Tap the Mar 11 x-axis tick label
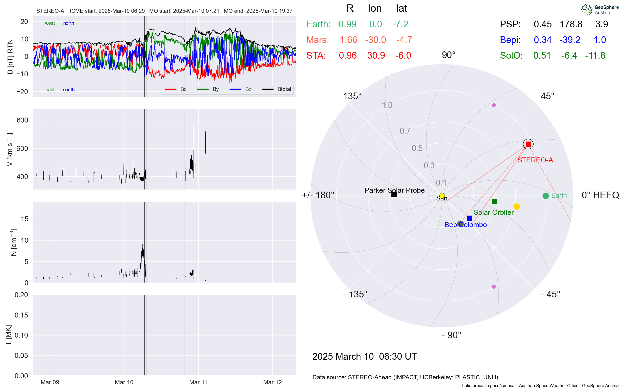tap(198, 382)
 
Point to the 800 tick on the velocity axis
tap(22, 120)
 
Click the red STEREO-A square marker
tap(528, 144)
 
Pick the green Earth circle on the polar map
tap(546, 196)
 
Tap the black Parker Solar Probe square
tap(394, 195)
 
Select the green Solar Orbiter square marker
tap(494, 202)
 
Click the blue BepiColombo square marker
tap(469, 218)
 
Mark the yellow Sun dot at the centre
tap(442, 196)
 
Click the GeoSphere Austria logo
tap(600, 10)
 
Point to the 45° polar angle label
tap(547, 96)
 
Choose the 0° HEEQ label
tap(600, 195)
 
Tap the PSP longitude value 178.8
tap(571, 24)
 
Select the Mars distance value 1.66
tap(348, 40)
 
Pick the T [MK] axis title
tap(9, 335)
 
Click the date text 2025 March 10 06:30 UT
tap(364, 356)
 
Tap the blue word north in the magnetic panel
tap(68, 23)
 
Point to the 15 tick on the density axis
tap(25, 219)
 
